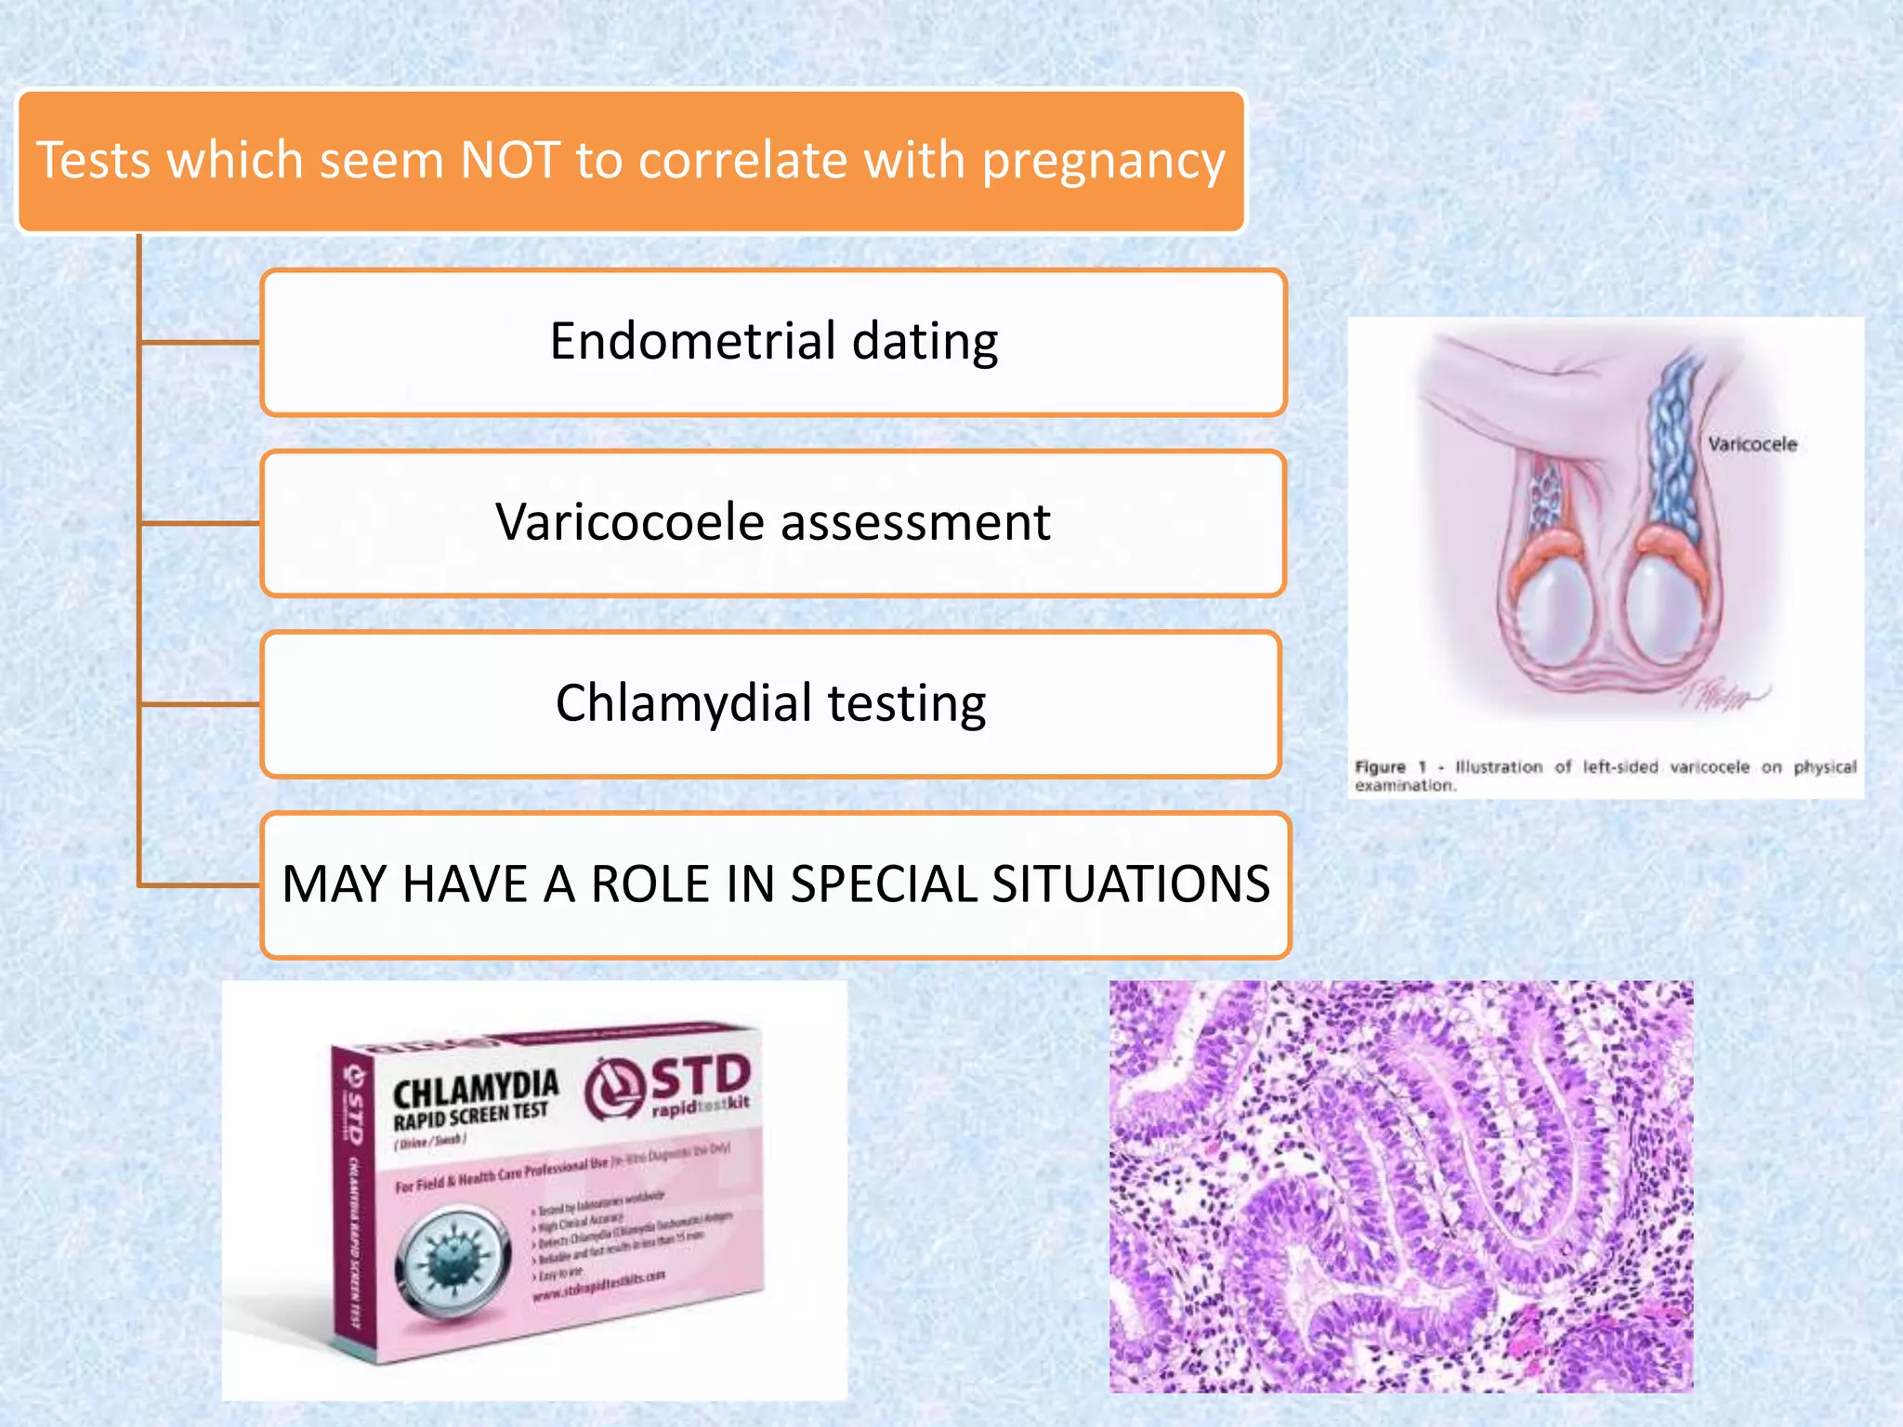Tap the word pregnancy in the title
(1104, 162)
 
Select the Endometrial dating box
(773, 342)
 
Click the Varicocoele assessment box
(773, 523)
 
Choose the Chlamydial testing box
(770, 703)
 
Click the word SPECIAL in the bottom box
(884, 884)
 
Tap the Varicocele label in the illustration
(1752, 444)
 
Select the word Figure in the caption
(1380, 767)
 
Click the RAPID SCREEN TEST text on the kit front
(470, 1117)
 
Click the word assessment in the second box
(915, 523)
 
